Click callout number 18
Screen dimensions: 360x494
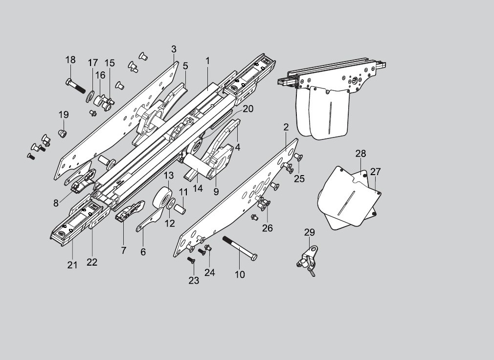pos(70,60)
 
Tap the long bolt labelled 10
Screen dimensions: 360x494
pos(240,248)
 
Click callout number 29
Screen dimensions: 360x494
pos(310,232)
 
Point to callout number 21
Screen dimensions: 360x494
pos(72,265)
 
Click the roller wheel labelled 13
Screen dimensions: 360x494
pos(164,198)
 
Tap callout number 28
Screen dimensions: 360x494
pos(360,154)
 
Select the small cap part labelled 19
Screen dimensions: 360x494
pos(62,133)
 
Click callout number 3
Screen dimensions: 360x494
pos(174,49)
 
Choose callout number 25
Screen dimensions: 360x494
pos(299,179)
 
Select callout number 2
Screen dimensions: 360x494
pos(286,127)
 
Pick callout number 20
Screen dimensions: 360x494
pos(247,109)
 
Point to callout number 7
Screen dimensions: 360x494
pos(123,250)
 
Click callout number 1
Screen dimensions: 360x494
pos(207,61)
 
